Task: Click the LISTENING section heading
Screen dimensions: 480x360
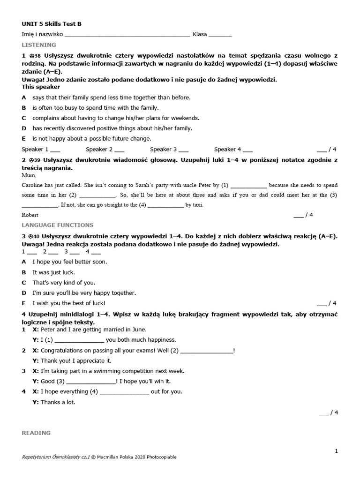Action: [x=39, y=45]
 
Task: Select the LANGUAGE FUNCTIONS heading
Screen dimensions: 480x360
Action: [x=58, y=225]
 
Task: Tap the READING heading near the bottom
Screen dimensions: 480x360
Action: [x=36, y=433]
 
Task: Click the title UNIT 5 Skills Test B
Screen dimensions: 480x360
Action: [x=54, y=24]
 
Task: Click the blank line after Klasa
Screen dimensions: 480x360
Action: [x=220, y=35]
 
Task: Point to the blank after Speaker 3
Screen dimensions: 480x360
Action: [x=183, y=150]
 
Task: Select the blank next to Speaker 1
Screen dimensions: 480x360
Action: [x=55, y=150]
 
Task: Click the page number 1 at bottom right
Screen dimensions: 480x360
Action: [x=336, y=451]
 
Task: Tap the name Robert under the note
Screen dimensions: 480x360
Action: [x=30, y=215]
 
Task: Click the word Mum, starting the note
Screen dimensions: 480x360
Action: [x=29, y=175]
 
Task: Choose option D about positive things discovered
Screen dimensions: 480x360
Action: [x=112, y=128]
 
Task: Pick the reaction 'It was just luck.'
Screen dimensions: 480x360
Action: [x=53, y=272]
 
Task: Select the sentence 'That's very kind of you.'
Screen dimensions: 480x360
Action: [x=63, y=283]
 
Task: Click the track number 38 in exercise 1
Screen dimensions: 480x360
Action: [x=38, y=56]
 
